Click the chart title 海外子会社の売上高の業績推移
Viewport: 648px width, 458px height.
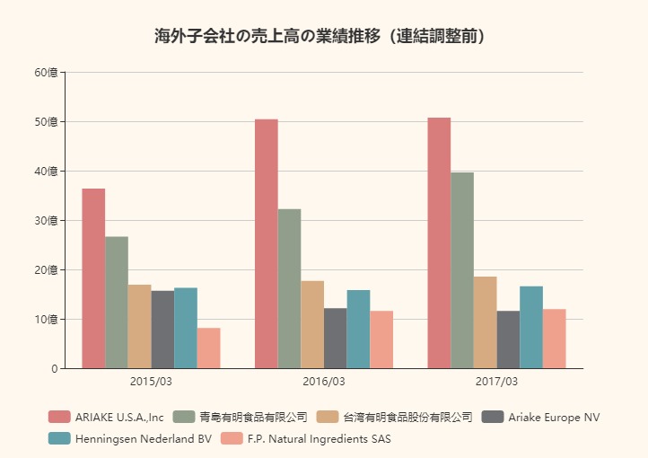click(323, 37)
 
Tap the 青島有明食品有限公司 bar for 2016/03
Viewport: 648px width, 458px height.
click(289, 288)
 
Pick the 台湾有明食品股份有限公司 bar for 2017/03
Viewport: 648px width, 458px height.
click(486, 322)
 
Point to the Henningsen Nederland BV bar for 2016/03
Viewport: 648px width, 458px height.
click(358, 329)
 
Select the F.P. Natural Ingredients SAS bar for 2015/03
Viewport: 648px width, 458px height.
click(208, 348)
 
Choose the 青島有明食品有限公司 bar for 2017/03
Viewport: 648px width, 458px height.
click(462, 270)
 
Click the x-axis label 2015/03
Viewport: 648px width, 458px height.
click(151, 382)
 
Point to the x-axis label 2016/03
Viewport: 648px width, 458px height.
click(324, 382)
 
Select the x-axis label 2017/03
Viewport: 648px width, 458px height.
click(496, 382)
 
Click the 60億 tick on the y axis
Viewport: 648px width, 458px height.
click(46, 72)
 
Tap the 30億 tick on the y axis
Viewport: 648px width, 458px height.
click(46, 220)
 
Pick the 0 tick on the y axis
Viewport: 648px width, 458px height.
click(54, 368)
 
